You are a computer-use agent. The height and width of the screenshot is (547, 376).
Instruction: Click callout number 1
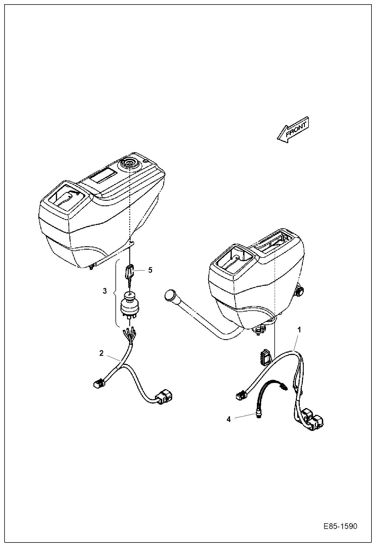pyautogui.click(x=299, y=330)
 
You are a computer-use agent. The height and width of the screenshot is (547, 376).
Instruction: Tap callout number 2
pyautogui.click(x=101, y=353)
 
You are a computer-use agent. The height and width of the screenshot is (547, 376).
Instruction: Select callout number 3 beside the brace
pyautogui.click(x=105, y=291)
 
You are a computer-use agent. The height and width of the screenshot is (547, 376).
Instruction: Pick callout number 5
pyautogui.click(x=150, y=270)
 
